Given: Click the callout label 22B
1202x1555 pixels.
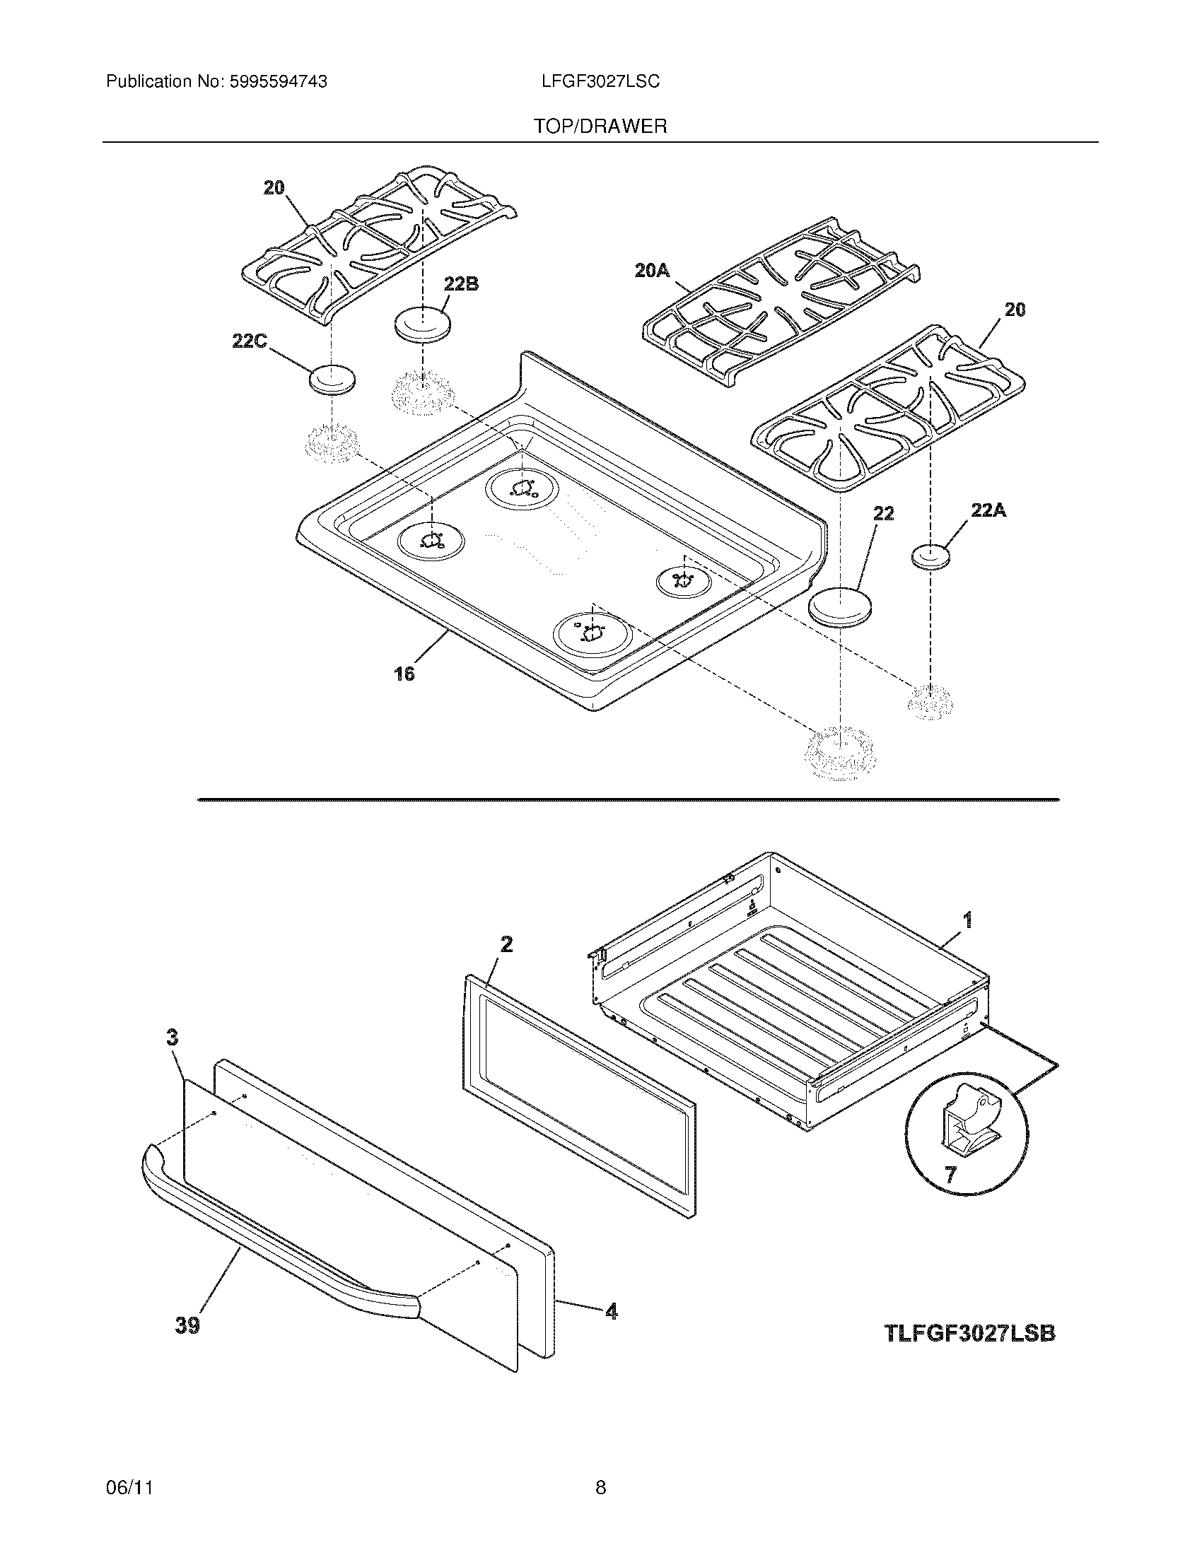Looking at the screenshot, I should pos(461,284).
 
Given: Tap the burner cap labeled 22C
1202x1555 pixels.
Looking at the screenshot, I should pos(332,380).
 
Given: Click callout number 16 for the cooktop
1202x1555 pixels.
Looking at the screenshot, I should pos(404,673).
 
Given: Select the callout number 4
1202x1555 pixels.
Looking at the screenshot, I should pos(611,1310).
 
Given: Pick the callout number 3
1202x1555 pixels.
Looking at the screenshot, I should pos(173,1038).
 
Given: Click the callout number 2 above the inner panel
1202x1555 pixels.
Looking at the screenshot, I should pos(506,944).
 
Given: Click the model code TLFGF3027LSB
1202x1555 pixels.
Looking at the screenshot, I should pos(969,1333).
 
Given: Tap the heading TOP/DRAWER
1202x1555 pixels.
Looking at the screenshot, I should pos(600,127).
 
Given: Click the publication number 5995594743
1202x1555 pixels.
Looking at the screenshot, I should pos(277,82).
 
